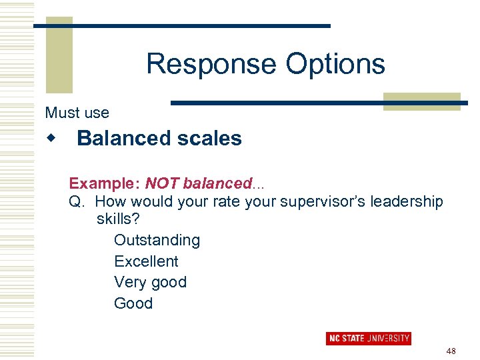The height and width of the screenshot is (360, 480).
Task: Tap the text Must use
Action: [x=77, y=113]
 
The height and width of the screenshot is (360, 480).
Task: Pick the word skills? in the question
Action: [x=118, y=219]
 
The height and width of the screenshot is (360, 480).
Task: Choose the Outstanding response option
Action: [x=157, y=240]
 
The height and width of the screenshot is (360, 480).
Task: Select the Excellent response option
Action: [x=146, y=261]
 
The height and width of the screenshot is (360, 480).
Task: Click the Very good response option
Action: [x=150, y=282]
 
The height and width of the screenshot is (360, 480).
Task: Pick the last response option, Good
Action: [x=133, y=303]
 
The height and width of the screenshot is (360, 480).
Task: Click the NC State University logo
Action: [x=368, y=338]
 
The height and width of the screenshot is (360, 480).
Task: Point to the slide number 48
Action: [x=451, y=351]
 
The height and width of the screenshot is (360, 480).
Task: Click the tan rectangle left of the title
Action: [x=59, y=57]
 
